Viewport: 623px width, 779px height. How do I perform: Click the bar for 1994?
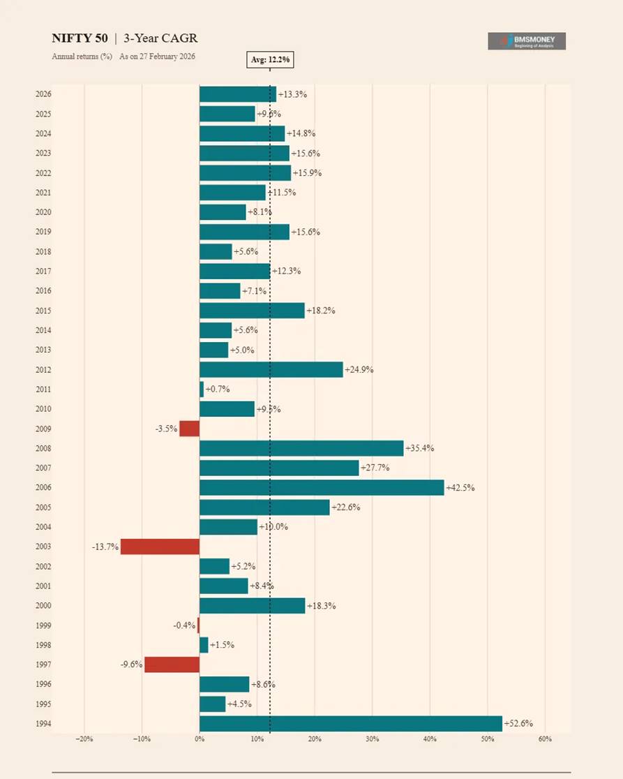351,724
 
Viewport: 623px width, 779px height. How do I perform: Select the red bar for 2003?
160,547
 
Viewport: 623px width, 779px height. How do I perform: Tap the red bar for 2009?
189,429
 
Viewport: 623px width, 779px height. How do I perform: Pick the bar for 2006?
322,488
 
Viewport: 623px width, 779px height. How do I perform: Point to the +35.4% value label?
419,448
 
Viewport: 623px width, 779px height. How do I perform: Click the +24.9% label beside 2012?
359,370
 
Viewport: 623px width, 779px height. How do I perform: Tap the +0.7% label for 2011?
217,389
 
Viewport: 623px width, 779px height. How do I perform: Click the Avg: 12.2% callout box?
270,60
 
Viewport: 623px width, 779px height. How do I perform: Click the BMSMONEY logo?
527,41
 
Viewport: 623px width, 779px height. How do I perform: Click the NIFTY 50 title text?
80,38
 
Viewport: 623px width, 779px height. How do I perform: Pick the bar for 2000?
253,606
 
